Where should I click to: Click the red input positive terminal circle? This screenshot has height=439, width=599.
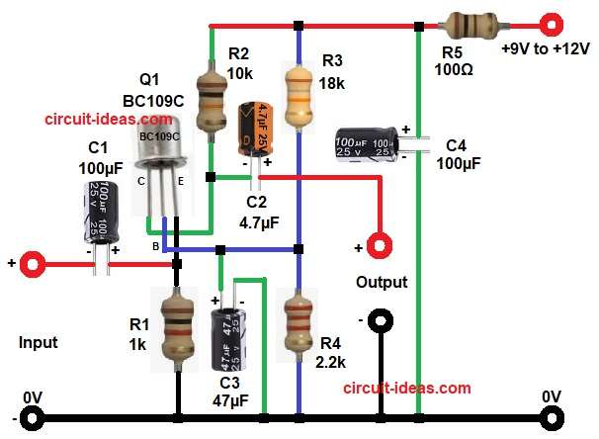[x=36, y=264]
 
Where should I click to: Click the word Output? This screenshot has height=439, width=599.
[x=383, y=283]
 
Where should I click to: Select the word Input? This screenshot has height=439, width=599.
[x=39, y=343]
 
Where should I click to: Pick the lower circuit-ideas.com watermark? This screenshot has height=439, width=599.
[x=408, y=389]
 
